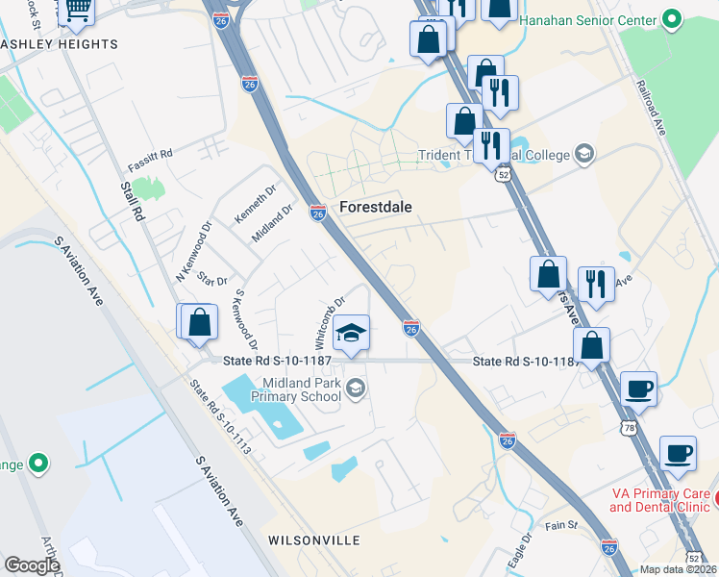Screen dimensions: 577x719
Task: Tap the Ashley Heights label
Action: coord(60,44)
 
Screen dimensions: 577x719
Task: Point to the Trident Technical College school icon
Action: coord(583,154)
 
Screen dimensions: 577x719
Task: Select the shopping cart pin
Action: coord(76,10)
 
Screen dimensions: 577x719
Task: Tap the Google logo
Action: coord(32,565)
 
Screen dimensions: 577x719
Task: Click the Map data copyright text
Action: coord(679,569)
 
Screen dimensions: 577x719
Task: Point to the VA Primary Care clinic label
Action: coord(659,499)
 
